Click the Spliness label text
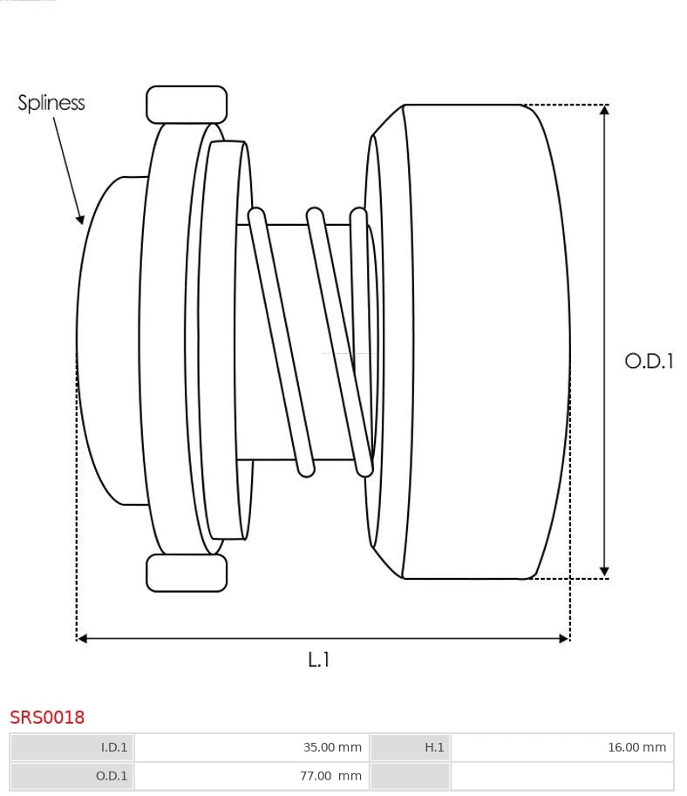point(51,103)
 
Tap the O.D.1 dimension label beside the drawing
point(649,361)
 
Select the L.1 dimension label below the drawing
point(319,660)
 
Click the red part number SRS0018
point(47,718)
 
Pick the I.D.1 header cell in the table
point(72,747)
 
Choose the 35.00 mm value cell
point(251,747)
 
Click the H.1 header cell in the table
point(411,747)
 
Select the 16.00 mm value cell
point(561,747)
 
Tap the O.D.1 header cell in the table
point(72,776)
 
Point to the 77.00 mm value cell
point(251,776)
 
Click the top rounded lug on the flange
point(187,105)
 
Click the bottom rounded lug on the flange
point(187,573)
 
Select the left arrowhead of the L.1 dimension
point(83,638)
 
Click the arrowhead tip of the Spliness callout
point(82,221)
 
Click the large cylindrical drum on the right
point(480,340)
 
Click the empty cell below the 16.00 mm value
point(561,776)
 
